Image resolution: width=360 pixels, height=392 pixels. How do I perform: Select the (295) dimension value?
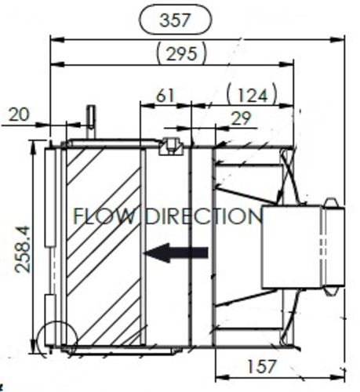coord(182,54)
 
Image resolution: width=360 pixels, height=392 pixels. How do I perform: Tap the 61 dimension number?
coord(165,96)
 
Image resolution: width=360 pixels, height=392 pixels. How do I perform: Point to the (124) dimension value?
coord(252,95)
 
